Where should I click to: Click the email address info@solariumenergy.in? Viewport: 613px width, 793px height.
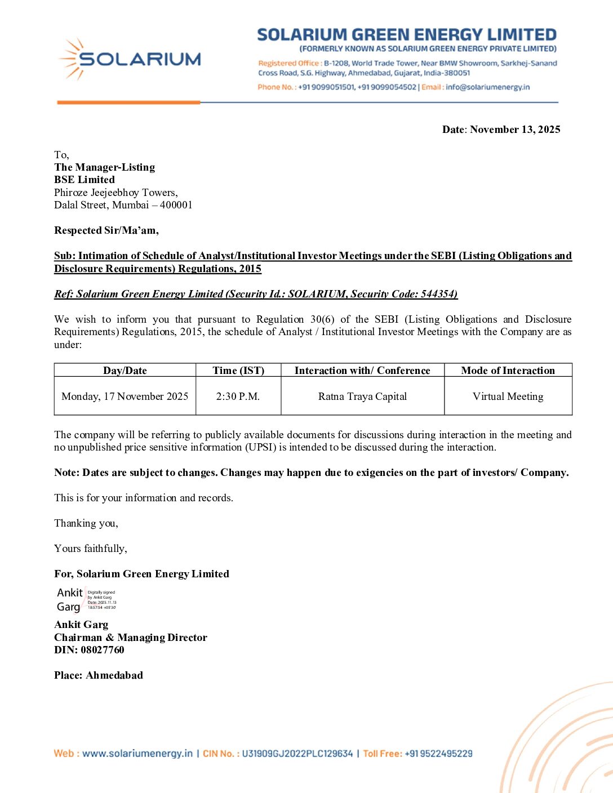point(487,87)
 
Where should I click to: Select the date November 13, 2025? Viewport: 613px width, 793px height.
point(515,130)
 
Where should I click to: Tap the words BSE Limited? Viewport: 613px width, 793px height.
point(85,180)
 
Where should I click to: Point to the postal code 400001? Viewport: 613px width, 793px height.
point(176,205)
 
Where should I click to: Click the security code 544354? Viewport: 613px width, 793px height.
point(438,294)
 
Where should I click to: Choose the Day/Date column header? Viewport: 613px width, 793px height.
point(125,371)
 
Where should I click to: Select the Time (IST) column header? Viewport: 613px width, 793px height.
point(238,371)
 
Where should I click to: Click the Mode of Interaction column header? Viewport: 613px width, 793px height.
point(508,371)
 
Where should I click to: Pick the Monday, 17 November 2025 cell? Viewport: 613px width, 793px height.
point(125,396)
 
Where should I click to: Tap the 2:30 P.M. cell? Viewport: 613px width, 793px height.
point(238,396)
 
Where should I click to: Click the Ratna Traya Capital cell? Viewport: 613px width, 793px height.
point(362,396)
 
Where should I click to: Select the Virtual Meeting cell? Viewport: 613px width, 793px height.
point(508,396)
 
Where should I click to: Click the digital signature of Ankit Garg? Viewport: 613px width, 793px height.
point(86,600)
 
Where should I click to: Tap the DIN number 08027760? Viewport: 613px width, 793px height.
point(103,650)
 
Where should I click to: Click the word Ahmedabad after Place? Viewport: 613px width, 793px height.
point(114,675)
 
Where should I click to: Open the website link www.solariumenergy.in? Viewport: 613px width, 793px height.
point(137,754)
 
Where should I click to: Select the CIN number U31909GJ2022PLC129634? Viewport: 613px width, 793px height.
point(297,754)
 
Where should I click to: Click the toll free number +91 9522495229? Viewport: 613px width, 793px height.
point(438,754)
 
